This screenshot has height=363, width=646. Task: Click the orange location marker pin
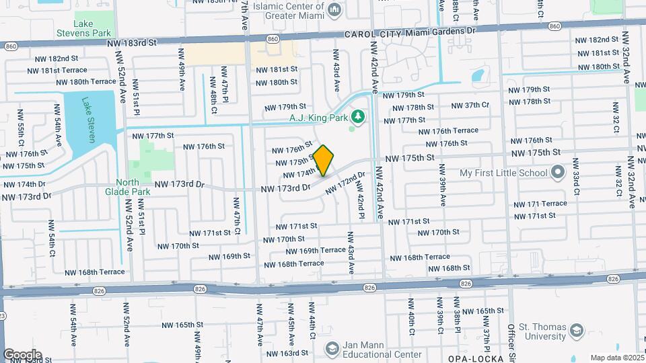324,160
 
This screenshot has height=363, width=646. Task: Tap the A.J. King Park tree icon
358,117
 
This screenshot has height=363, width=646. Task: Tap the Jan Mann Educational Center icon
332,348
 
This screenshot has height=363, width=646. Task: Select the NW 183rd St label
131,42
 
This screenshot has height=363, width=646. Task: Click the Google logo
22,354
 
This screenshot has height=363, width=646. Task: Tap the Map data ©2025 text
616,358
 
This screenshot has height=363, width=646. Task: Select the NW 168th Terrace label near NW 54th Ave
95,272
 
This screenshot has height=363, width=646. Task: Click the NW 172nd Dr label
345,183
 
